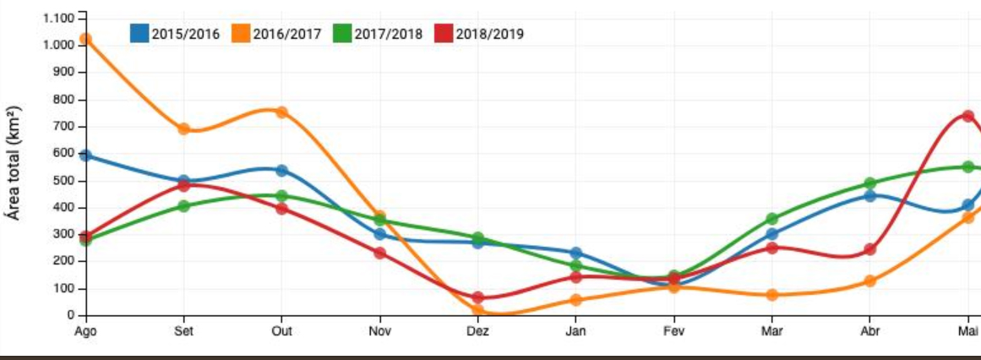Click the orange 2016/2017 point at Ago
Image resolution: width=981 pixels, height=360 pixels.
[x=85, y=39]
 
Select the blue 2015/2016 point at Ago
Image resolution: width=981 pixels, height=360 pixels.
[x=85, y=155]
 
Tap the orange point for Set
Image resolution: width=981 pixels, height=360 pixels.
[x=183, y=129]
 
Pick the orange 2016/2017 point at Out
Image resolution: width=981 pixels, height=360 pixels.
[x=281, y=112]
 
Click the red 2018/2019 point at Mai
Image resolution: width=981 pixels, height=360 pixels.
[x=968, y=116]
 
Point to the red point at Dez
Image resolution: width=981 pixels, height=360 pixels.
[x=477, y=297]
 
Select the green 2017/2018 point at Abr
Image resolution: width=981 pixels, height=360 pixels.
[x=869, y=183]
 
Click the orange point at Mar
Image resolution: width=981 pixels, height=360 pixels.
[x=771, y=295]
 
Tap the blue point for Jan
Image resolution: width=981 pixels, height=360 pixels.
[x=575, y=253]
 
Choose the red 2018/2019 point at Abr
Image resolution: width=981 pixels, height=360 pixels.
[x=869, y=249]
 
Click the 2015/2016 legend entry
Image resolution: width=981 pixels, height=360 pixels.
[x=175, y=34]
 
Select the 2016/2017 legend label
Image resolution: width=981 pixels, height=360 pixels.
[x=287, y=34]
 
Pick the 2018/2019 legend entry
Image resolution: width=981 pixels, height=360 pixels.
[x=479, y=34]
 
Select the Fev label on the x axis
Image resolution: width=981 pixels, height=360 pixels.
[x=673, y=332]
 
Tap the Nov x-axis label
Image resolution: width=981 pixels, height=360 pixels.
[x=379, y=332]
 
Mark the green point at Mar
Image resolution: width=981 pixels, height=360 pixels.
[x=771, y=219]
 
